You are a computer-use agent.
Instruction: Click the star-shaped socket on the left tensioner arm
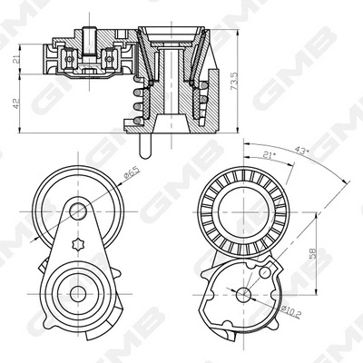[80, 248]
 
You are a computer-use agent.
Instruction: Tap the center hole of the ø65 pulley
[80, 211]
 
